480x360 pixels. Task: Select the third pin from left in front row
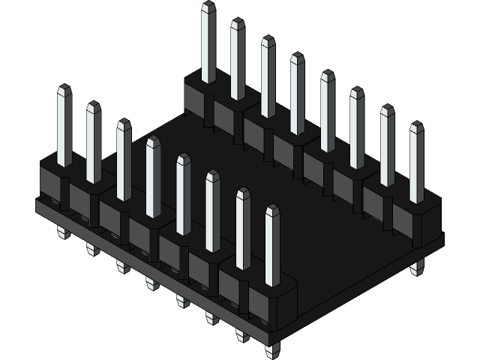click(x=124, y=161)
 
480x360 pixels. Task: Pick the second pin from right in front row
click(x=243, y=229)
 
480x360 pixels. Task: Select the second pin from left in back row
click(x=238, y=60)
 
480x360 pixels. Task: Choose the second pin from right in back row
click(x=387, y=146)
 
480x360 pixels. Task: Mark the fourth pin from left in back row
click(x=297, y=94)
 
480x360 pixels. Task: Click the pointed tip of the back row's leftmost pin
click(x=208, y=6)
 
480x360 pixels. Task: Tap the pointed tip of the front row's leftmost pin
click(x=64, y=89)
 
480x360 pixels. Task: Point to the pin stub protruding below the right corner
click(x=417, y=266)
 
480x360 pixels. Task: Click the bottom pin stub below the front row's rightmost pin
click(x=271, y=349)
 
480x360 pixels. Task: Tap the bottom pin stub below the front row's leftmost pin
click(x=63, y=232)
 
